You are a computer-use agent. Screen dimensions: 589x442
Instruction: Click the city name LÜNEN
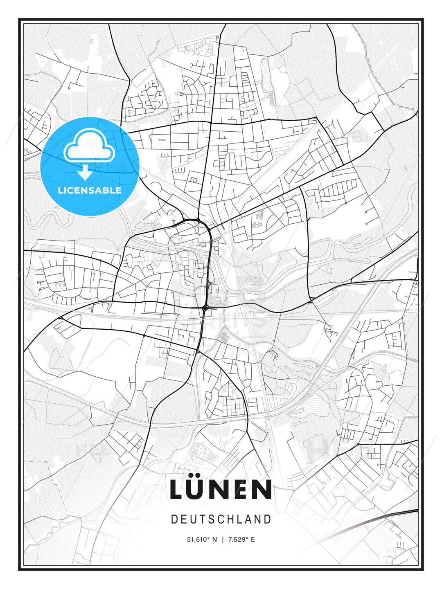tap(221, 489)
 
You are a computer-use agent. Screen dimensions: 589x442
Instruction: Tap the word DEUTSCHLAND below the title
tap(221, 519)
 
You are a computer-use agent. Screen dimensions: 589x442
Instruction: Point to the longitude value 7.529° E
tap(241, 540)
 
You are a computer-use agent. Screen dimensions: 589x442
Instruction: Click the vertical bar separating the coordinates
tap(223, 540)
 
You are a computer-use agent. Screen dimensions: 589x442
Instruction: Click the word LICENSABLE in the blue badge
tap(90, 190)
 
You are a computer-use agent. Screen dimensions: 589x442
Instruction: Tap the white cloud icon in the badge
tap(89, 146)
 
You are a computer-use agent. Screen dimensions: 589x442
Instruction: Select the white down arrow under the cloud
tap(85, 173)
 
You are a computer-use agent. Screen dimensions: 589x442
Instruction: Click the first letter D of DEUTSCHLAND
tap(174, 519)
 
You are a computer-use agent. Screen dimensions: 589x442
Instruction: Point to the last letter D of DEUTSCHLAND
tap(268, 519)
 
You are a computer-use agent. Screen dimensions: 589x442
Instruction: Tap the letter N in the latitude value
tap(215, 540)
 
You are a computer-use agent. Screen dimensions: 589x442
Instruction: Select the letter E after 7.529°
tap(253, 540)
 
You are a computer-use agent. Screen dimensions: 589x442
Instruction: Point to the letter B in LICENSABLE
tap(106, 190)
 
